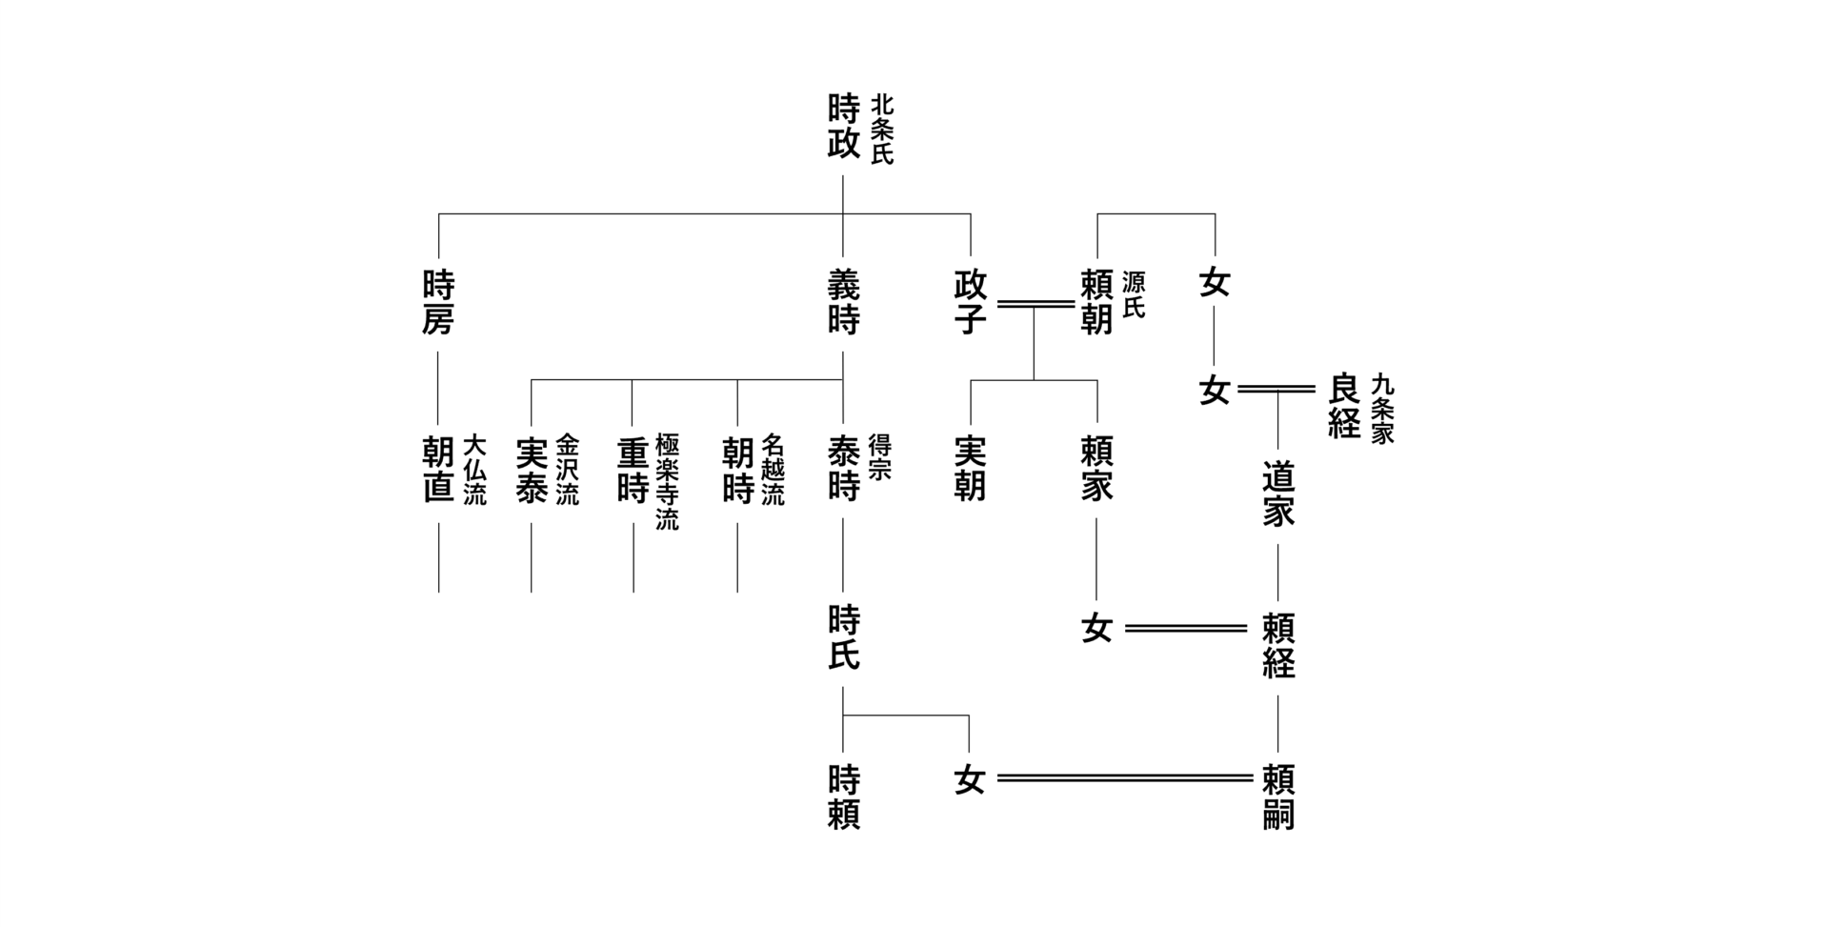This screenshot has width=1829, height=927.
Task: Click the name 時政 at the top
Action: click(x=843, y=126)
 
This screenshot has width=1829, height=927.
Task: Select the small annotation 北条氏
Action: click(x=882, y=129)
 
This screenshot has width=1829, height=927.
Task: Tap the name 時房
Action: click(x=438, y=302)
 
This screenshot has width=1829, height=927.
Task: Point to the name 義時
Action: click(x=843, y=302)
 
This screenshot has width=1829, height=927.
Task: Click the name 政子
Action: click(x=970, y=302)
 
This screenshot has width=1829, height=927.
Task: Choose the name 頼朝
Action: click(x=1096, y=302)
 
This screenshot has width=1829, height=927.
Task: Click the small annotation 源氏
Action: click(x=1134, y=294)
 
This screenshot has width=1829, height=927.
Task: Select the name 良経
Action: click(x=1343, y=406)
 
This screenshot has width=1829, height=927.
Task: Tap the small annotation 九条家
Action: click(x=1382, y=409)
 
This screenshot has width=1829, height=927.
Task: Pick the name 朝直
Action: click(x=438, y=469)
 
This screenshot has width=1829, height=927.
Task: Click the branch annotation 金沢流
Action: click(x=567, y=469)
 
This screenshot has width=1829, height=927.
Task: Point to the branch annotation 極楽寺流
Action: click(x=668, y=482)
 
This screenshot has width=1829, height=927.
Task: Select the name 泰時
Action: click(x=843, y=469)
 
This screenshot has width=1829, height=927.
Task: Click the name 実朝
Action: click(x=970, y=469)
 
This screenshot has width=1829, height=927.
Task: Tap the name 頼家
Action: click(x=1096, y=469)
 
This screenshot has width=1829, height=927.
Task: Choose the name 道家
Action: click(x=1277, y=494)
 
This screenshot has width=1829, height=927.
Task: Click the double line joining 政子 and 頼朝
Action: click(x=1035, y=304)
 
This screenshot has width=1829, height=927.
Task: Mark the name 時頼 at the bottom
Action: click(x=843, y=797)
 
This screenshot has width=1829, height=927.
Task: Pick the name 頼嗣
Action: click(x=1277, y=797)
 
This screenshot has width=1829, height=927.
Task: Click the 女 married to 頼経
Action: click(x=1096, y=629)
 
